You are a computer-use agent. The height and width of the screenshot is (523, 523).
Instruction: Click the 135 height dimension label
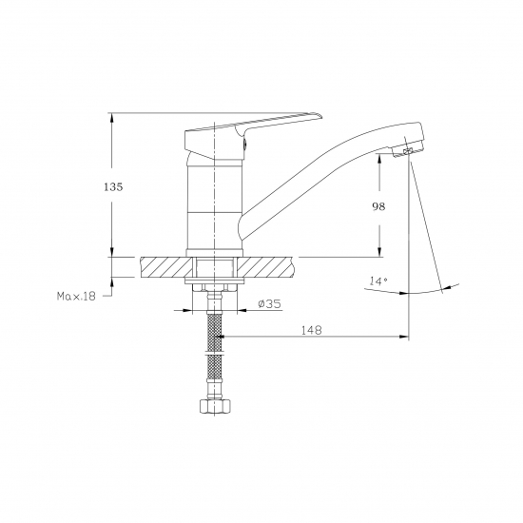[x=113, y=186]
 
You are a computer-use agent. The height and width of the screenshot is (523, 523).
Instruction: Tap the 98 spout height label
[x=378, y=206]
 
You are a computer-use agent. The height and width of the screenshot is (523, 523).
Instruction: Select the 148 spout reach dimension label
[x=312, y=330]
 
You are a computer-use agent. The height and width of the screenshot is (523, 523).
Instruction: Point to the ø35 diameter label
[x=269, y=303]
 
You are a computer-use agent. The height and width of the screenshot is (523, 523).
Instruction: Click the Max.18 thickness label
[x=76, y=296]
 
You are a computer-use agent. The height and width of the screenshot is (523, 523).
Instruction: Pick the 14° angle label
[x=378, y=281]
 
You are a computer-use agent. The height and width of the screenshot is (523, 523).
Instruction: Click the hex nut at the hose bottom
[x=215, y=406]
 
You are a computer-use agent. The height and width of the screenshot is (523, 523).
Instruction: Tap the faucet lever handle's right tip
[x=322, y=117]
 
